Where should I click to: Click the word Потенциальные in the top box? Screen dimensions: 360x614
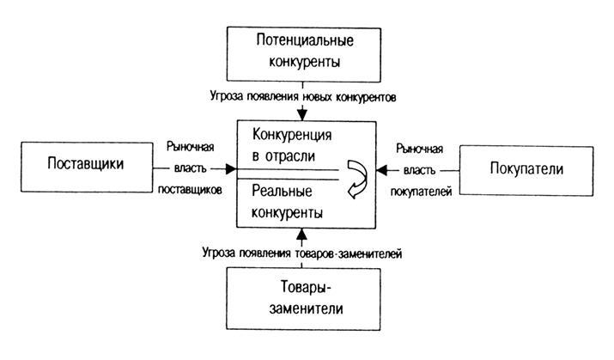(306, 40)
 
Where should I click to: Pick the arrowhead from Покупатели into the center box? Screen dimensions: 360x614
(382, 168)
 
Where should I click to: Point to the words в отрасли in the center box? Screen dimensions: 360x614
(283, 156)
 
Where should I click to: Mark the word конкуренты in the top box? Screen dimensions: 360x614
(306, 62)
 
